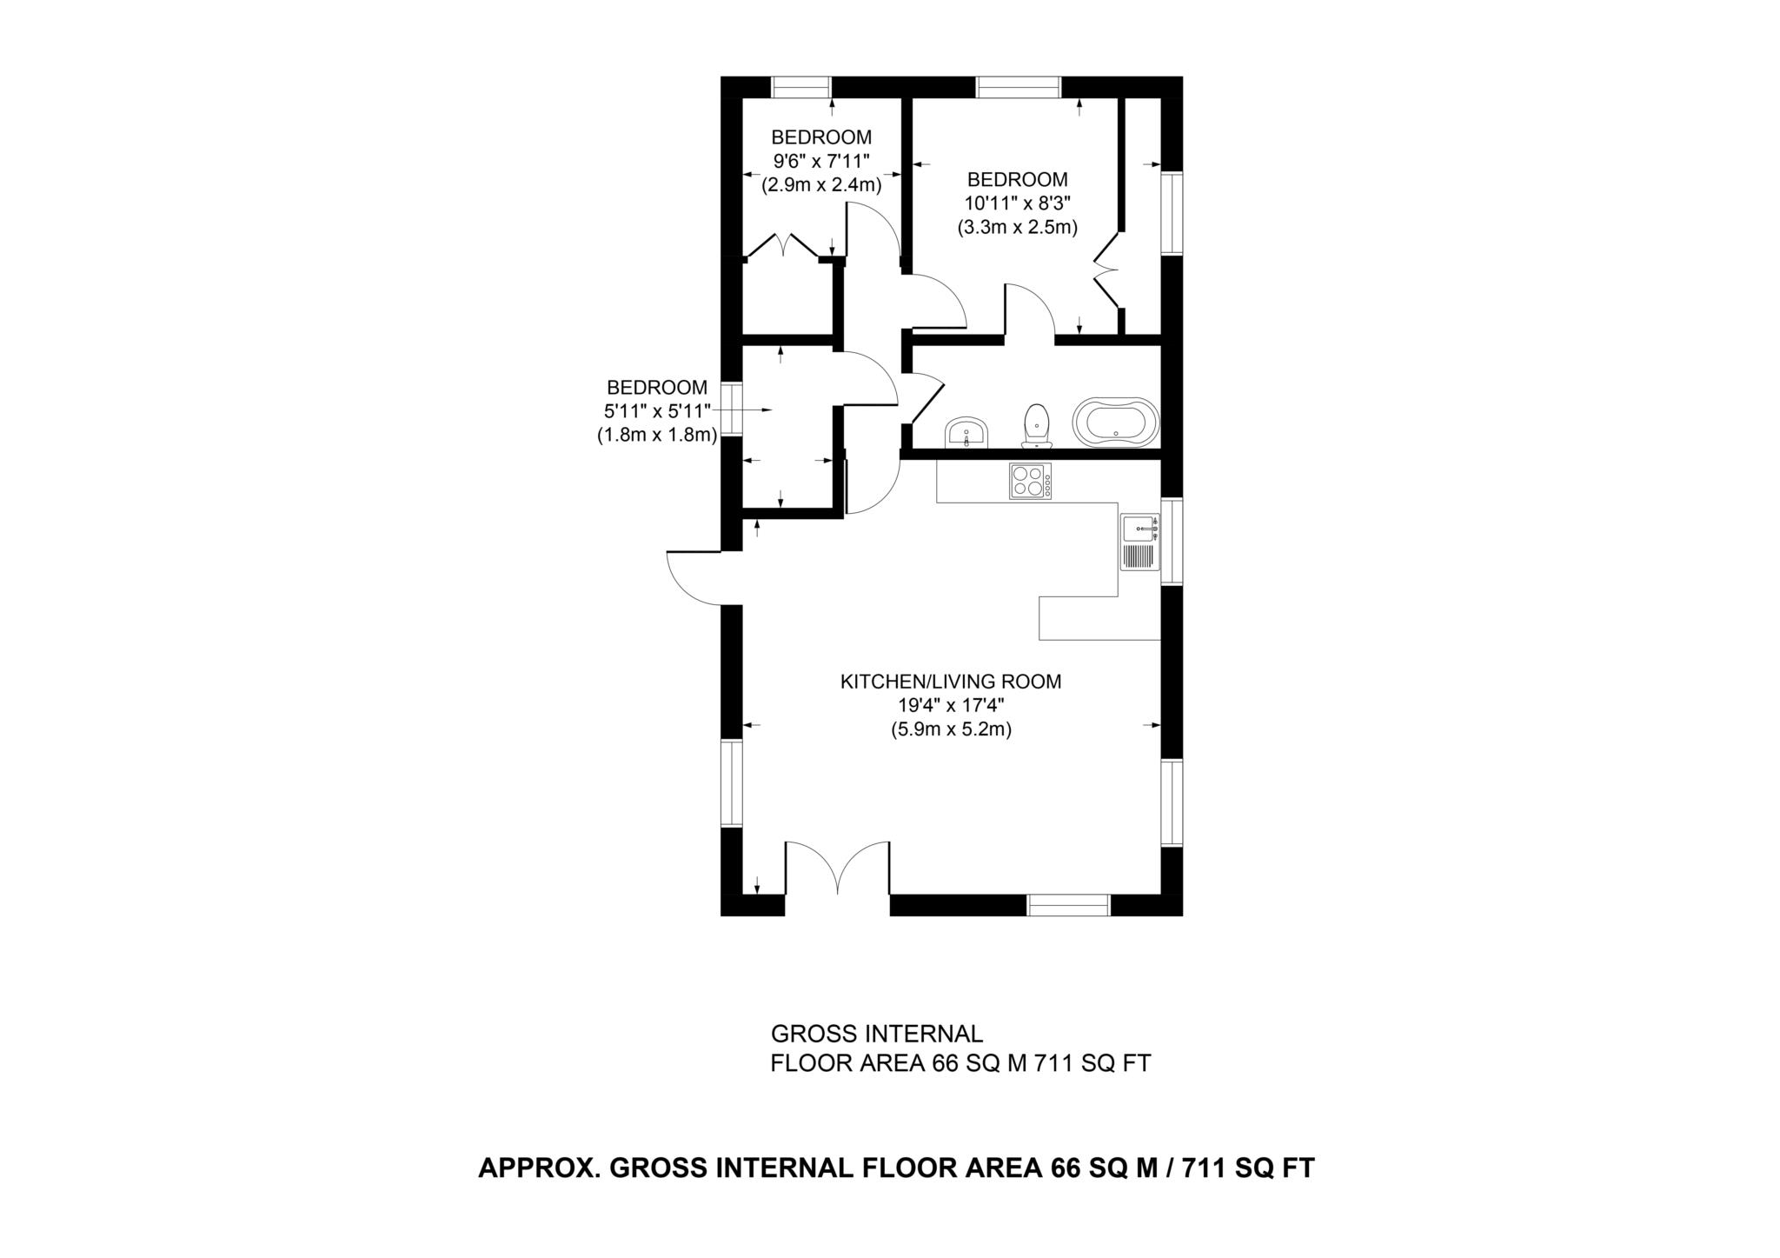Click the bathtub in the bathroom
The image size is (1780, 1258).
click(x=1116, y=423)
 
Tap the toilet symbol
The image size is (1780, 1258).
click(x=1035, y=426)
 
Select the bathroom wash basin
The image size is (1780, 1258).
click(x=966, y=432)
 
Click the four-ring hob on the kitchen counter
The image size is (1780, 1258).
click(x=1030, y=481)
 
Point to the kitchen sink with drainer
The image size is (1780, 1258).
click(x=1139, y=542)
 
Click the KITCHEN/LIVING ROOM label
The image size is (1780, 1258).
click(x=950, y=682)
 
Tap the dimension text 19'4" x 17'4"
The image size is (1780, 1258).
click(x=950, y=706)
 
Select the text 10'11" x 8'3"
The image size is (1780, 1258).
click(x=1017, y=203)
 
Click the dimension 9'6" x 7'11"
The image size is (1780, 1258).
click(x=821, y=161)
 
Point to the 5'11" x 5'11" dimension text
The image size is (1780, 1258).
click(x=657, y=411)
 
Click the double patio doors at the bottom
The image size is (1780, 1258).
click(x=837, y=869)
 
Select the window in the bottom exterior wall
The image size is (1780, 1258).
click(x=1068, y=905)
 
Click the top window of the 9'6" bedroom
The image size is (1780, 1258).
click(x=801, y=87)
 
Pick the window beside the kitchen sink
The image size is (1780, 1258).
click(x=1172, y=541)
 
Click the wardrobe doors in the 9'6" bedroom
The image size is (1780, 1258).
click(x=785, y=246)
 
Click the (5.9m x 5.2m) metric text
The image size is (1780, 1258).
click(x=950, y=730)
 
